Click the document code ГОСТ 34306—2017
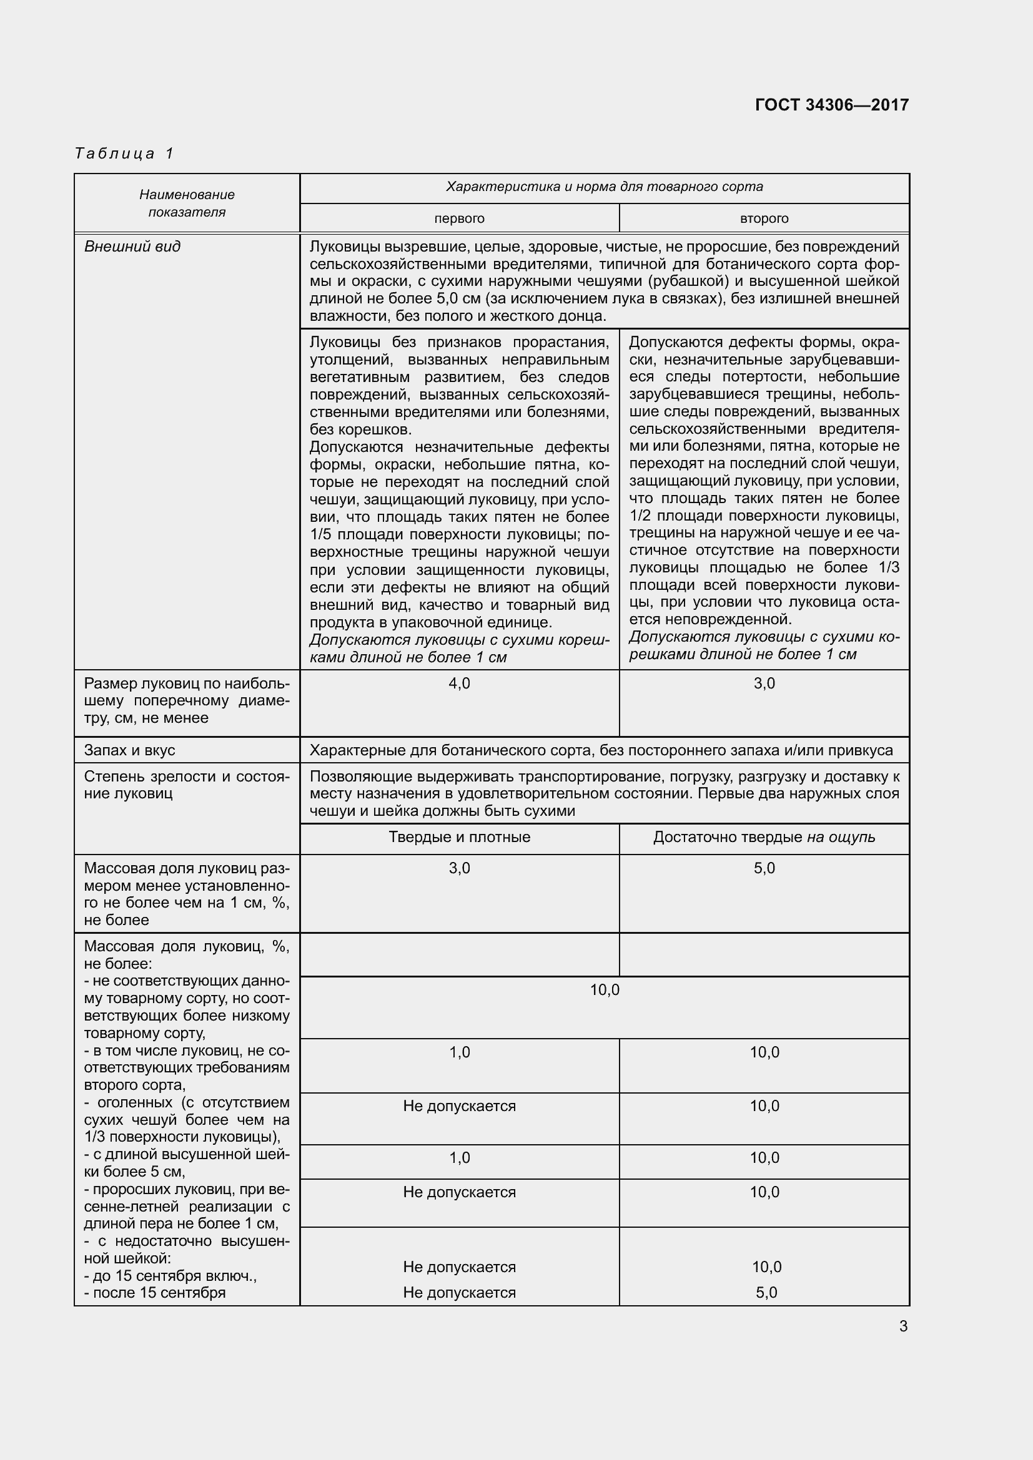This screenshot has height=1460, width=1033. (831, 105)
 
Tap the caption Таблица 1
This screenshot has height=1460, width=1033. (124, 154)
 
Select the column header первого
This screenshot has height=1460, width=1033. (459, 218)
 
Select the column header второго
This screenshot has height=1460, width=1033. (764, 218)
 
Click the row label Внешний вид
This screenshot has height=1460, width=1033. (132, 247)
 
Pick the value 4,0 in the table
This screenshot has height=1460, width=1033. (459, 683)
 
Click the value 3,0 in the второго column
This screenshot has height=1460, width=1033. (764, 683)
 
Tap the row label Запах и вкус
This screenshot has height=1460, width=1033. (130, 750)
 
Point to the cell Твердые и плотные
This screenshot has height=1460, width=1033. (459, 837)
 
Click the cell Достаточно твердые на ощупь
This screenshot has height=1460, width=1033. (764, 837)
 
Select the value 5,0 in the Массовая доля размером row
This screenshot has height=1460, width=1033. (764, 868)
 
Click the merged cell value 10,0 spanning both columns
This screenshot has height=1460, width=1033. (605, 990)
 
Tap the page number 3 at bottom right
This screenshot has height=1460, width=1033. (903, 1326)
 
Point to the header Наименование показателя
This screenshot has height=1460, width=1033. (187, 203)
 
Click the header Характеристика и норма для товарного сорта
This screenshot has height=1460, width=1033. (605, 187)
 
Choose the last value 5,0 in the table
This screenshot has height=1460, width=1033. (766, 1293)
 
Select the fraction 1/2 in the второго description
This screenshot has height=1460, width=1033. (641, 516)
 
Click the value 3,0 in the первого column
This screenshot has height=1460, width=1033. (459, 868)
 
